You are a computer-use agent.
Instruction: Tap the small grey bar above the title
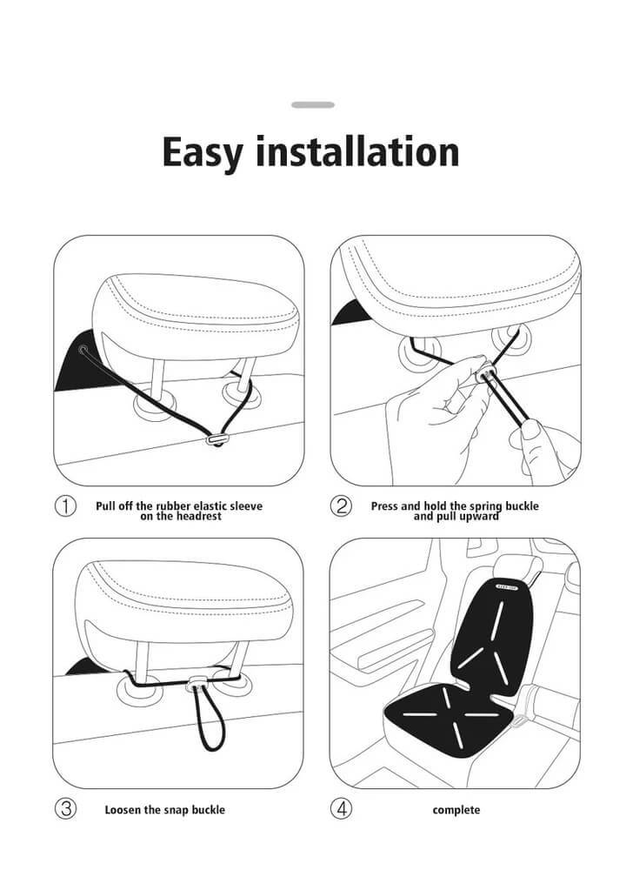(313, 104)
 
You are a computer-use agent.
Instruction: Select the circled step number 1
(65, 506)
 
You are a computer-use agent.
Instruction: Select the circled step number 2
(343, 506)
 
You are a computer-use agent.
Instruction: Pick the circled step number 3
(65, 809)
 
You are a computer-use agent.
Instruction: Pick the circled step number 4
(343, 809)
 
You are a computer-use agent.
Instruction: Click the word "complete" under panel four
(456, 810)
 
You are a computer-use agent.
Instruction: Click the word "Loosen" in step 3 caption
(123, 810)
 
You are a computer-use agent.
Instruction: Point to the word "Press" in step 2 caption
(387, 505)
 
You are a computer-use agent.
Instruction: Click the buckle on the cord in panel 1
(216, 441)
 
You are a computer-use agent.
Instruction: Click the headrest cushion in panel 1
(191, 313)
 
